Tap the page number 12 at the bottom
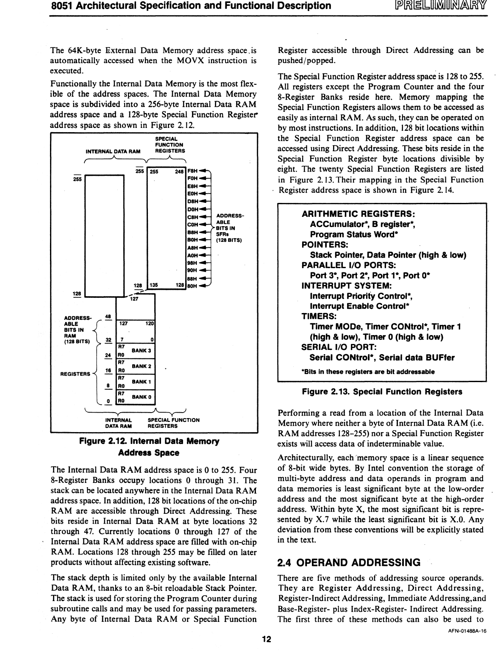click(x=266, y=640)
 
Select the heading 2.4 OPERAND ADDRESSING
click(x=348, y=563)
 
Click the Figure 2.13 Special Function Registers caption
click(x=382, y=392)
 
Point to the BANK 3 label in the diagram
click(x=142, y=350)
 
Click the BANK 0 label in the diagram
click(x=142, y=397)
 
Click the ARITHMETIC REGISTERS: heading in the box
click(x=358, y=214)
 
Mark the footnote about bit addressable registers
click(x=368, y=372)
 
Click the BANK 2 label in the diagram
click(x=142, y=366)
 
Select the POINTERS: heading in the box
click(x=325, y=245)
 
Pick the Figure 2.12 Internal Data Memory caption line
click(x=149, y=441)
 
